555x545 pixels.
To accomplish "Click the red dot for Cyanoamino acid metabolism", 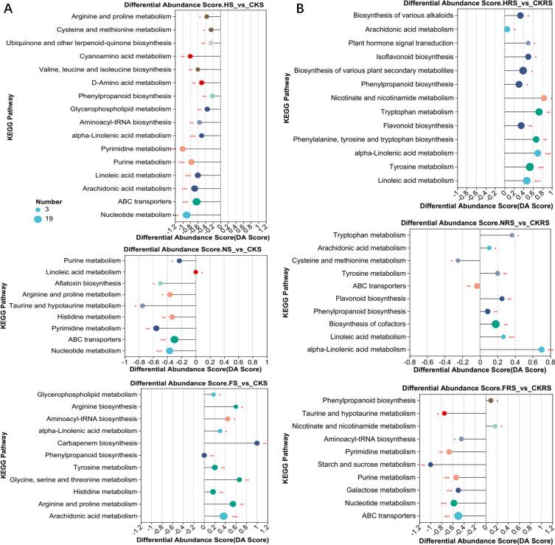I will tap(190, 56).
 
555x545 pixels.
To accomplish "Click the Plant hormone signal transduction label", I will tap(425, 43).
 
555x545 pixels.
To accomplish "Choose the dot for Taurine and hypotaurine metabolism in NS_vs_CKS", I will tap(142, 305).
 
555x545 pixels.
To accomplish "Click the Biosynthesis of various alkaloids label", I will tap(424, 15).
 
